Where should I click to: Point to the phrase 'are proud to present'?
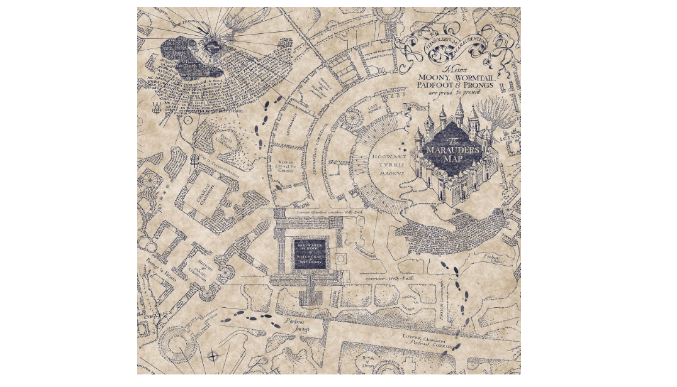click(x=454, y=92)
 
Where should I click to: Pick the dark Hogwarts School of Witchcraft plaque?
click(x=310, y=252)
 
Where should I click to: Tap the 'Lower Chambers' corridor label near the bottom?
click(x=428, y=340)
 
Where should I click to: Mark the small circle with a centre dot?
click(x=187, y=119)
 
